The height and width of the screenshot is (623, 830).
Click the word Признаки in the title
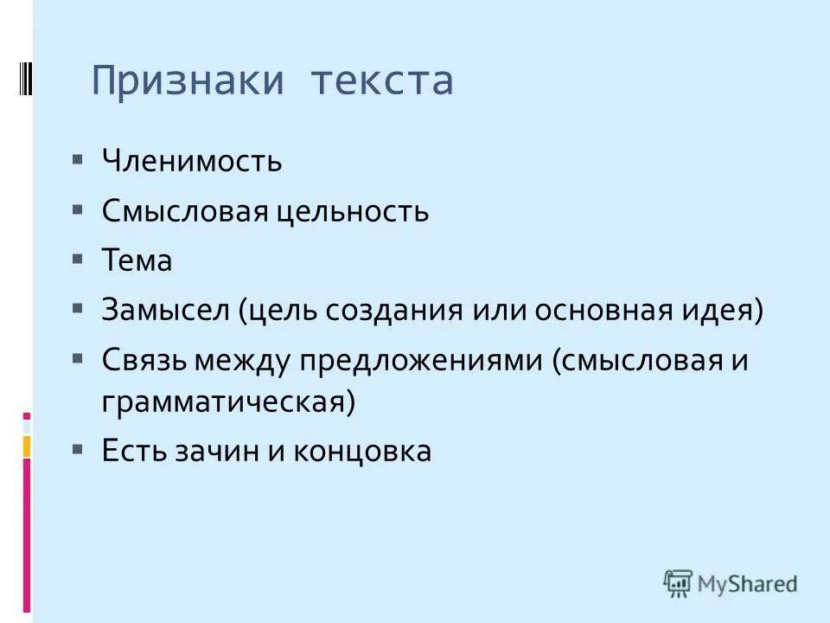coord(188,80)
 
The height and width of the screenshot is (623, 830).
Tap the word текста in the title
coord(382,80)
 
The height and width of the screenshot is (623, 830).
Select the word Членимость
coord(191,161)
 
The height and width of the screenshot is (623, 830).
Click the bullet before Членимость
coord(78,160)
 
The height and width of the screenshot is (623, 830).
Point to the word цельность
coord(353,211)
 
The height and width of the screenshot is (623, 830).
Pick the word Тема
coord(137,260)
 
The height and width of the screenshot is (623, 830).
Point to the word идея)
coord(728,311)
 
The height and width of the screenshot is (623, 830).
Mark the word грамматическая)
coord(228,403)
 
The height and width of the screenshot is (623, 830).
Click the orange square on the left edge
coord(27,446)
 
